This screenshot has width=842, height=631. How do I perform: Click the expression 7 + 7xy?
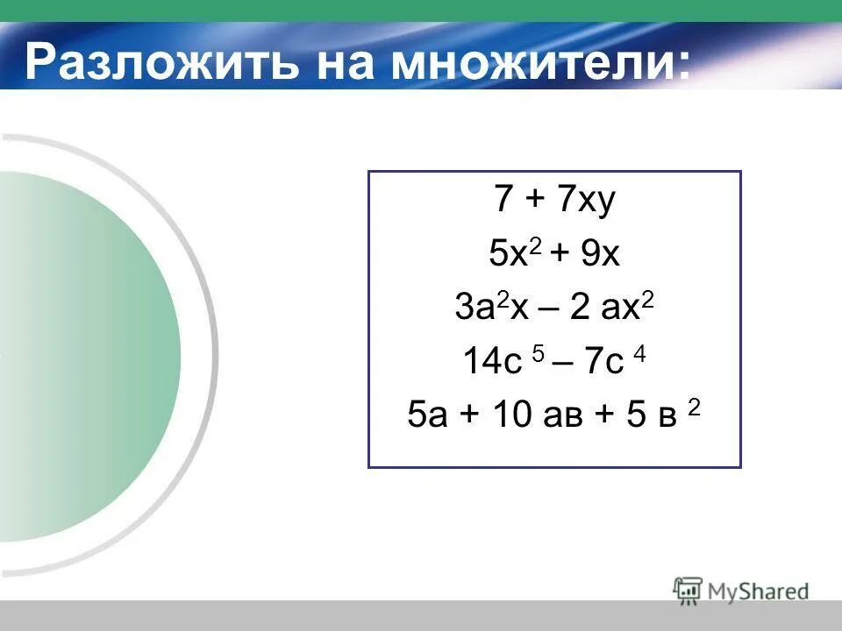(x=554, y=202)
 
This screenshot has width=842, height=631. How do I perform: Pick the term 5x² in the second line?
(x=512, y=255)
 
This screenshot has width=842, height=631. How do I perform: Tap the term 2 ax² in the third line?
(x=611, y=308)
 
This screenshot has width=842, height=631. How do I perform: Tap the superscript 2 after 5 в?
(x=694, y=406)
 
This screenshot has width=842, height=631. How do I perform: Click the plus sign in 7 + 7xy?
(x=533, y=202)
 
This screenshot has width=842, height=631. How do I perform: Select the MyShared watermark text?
(x=759, y=592)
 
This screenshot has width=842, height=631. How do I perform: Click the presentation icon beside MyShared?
(x=688, y=590)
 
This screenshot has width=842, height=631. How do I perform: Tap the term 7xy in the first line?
(x=585, y=202)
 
